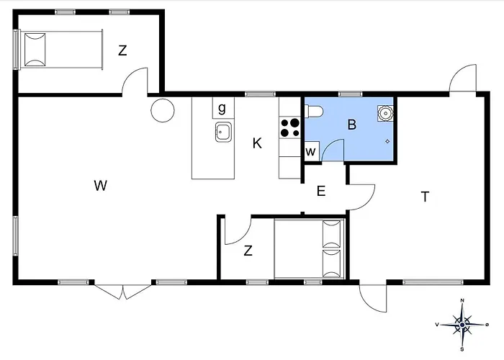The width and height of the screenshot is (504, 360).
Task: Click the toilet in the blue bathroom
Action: [x=314, y=112]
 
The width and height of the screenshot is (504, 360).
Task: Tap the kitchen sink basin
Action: [x=223, y=132]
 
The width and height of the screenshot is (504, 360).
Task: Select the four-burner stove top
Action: [x=290, y=127]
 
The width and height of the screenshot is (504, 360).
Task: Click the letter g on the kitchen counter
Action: [x=222, y=108]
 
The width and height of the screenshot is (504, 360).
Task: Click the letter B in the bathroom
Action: [x=352, y=125]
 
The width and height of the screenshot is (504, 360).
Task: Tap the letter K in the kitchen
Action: [x=257, y=143]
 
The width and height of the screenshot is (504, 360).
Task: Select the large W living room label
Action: [x=101, y=186]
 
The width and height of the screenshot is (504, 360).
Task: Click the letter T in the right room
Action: [x=425, y=197]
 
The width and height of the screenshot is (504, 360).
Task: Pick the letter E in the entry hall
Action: [x=321, y=192]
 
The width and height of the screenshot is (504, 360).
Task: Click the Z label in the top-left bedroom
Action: [x=122, y=50]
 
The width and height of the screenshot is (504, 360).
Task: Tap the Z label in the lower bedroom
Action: [x=248, y=251]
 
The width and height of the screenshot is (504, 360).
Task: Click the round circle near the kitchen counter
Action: [x=163, y=110]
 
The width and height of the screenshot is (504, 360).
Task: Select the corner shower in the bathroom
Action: [x=385, y=113]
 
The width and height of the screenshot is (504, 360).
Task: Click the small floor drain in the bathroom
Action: [x=387, y=141]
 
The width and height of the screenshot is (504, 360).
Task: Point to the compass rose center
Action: [x=462, y=325]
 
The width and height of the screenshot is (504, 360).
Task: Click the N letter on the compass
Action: [x=462, y=300]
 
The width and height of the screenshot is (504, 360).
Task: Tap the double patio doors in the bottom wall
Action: [x=123, y=292]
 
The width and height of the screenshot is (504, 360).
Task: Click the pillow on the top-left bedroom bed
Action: [x=35, y=50]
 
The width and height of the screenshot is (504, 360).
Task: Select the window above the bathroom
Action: [x=351, y=94]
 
